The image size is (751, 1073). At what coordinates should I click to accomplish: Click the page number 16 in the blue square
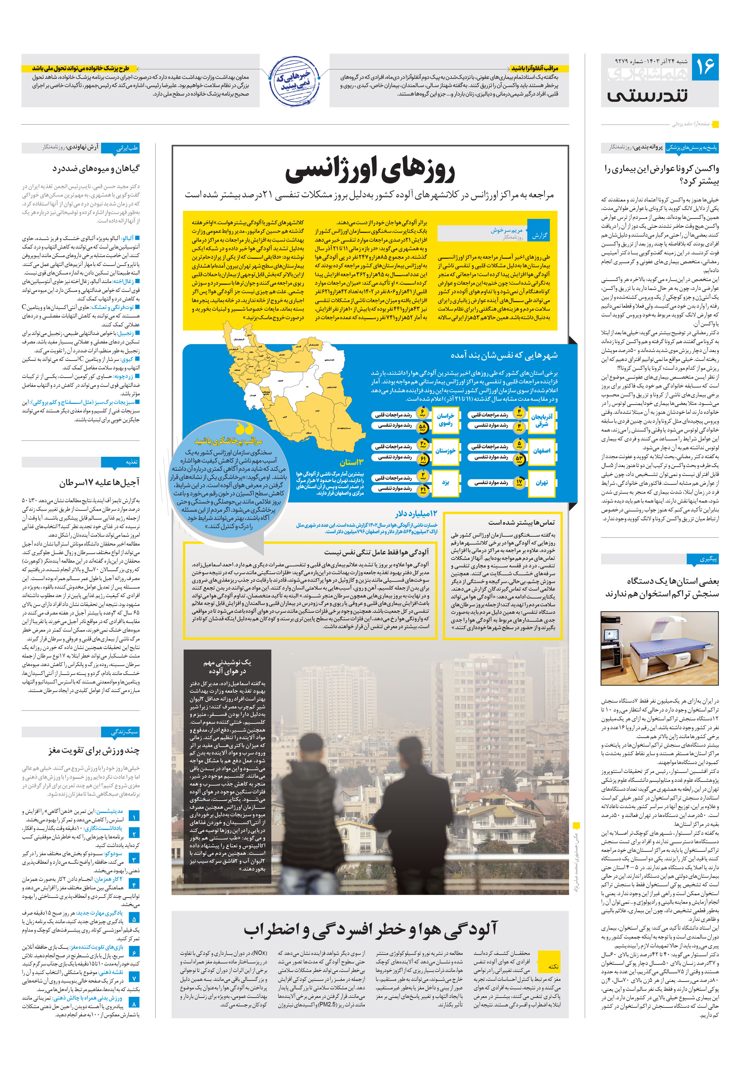(x=705, y=67)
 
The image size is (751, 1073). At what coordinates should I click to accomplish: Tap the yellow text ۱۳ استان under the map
(x=351, y=463)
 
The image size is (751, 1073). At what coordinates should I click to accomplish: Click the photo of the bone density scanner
(x=660, y=648)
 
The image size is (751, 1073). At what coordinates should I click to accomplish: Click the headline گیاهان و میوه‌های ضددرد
(x=96, y=168)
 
